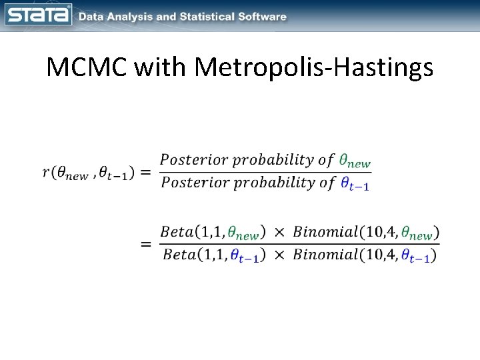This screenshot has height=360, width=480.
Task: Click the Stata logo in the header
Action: tap(38, 15)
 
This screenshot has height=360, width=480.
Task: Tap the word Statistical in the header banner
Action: tap(207, 17)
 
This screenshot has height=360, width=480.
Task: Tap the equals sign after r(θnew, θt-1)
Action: tap(146, 172)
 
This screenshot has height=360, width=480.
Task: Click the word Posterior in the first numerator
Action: tap(190, 160)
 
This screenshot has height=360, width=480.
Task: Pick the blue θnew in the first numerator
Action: tap(355, 161)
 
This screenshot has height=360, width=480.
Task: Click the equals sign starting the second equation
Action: tap(146, 244)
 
